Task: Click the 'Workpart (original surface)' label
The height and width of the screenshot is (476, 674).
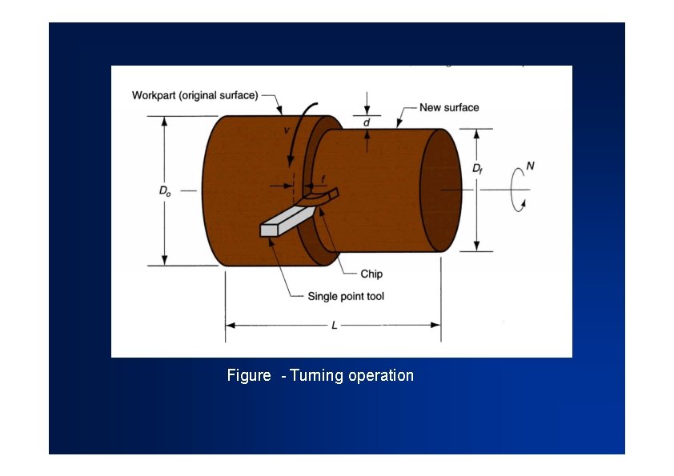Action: coord(195,95)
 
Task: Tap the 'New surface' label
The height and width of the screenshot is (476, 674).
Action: coord(449,107)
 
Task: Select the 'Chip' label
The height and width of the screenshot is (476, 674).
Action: coord(371,274)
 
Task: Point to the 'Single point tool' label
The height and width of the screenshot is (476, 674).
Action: coord(346,296)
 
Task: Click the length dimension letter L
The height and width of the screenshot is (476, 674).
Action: coord(334,326)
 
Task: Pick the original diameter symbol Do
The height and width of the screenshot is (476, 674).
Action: coord(164,191)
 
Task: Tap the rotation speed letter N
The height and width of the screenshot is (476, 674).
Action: coord(530,167)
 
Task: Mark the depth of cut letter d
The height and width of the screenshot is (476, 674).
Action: coord(367,122)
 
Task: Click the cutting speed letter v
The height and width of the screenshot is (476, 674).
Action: coord(287,129)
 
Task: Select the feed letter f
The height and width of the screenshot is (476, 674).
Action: coord(323,178)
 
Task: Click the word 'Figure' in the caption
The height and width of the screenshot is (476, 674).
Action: coord(249,375)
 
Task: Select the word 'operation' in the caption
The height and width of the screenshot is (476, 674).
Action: coord(381,375)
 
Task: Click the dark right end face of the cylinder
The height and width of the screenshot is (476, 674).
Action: coord(441,190)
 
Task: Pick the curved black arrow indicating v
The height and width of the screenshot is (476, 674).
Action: coord(300,140)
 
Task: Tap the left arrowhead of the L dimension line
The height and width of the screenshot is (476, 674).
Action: coord(230,326)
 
